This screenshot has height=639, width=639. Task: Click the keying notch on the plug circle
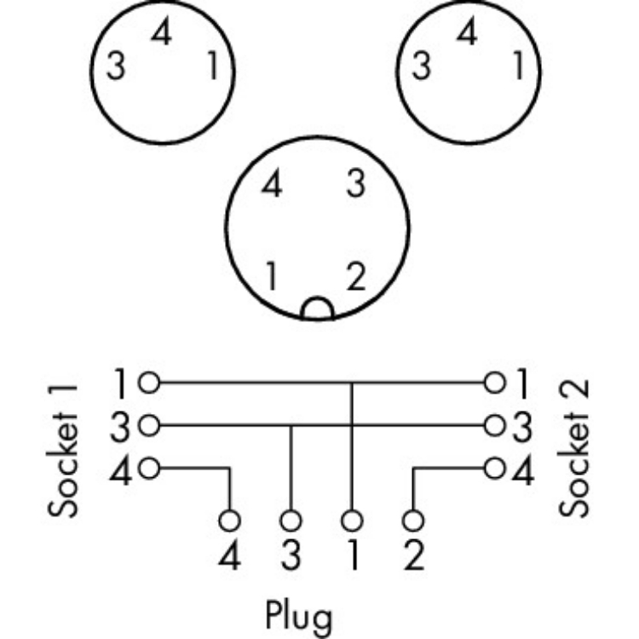(318, 309)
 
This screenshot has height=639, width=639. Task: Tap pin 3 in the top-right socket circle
(420, 66)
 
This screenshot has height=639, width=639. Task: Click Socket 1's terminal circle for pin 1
(151, 383)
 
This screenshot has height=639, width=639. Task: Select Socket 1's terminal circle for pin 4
(151, 467)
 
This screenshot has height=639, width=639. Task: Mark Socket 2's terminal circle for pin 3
(493, 424)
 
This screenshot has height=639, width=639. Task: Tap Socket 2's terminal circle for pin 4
(493, 467)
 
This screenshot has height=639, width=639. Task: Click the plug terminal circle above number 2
(412, 519)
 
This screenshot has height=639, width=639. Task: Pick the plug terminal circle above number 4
(229, 519)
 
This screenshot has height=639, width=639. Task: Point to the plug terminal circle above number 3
(291, 519)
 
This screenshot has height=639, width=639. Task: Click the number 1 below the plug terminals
(352, 557)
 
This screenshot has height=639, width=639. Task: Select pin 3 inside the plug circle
(358, 185)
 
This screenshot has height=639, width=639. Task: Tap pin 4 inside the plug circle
(272, 185)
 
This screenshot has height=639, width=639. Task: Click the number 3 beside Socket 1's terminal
(121, 424)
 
